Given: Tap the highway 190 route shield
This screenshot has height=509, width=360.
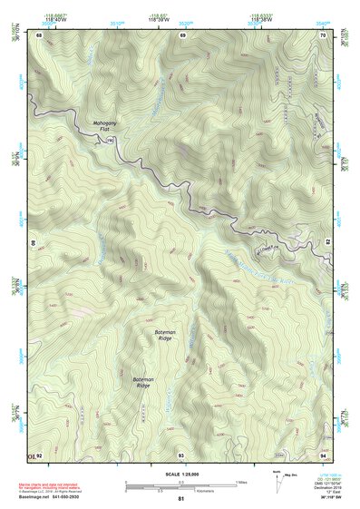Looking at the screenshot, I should pos(110,141).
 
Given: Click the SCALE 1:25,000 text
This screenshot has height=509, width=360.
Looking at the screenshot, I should pos(181,474).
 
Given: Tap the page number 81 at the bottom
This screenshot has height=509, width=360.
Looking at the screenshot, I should pos(181,499).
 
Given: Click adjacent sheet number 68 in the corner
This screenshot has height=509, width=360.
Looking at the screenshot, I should pos(39,34).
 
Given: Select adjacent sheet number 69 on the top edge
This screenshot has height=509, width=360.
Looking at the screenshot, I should pos(182,34).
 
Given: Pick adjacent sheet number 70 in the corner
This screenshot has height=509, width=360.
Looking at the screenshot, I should pos(323,34).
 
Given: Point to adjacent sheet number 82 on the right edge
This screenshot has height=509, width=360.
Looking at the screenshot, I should pos(326,244).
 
